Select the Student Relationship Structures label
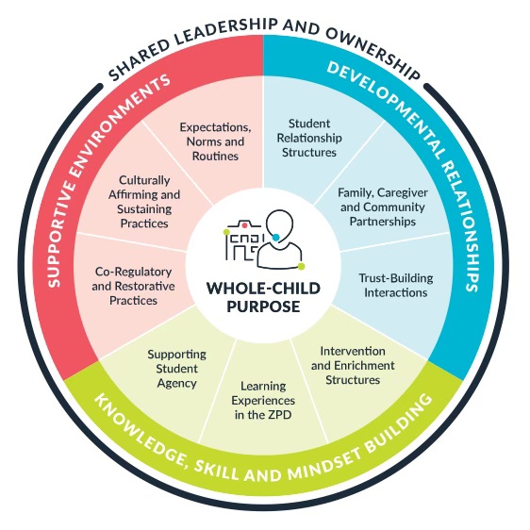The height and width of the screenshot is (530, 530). [x=312, y=138]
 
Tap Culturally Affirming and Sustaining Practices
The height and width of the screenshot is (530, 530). [x=144, y=201]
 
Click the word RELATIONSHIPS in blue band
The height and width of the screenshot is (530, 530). [x=461, y=226]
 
